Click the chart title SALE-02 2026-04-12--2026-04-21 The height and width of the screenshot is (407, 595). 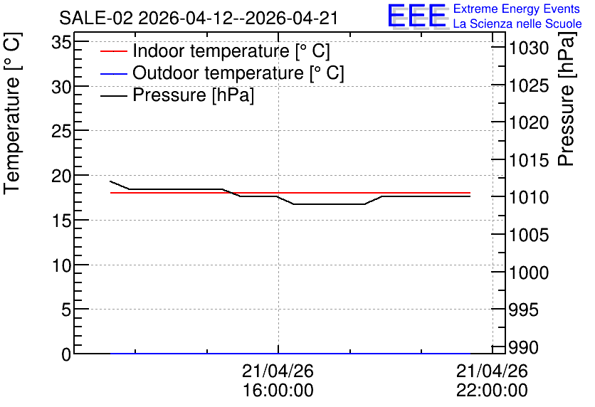pyautogui.click(x=199, y=18)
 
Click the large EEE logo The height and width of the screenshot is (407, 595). pyautogui.click(x=418, y=16)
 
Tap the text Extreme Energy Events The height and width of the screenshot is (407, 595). pyautogui.click(x=517, y=9)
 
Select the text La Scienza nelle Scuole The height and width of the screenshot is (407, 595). pyautogui.click(x=517, y=23)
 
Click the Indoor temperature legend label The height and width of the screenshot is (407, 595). pyautogui.click(x=231, y=51)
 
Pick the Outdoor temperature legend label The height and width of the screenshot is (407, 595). pyautogui.click(x=238, y=73)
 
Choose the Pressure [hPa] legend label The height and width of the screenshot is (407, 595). pyautogui.click(x=193, y=95)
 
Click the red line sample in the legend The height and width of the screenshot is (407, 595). pyautogui.click(x=113, y=51)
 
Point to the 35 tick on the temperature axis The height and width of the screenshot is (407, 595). pyautogui.click(x=61, y=42)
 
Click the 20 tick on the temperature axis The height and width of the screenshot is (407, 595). pyautogui.click(x=61, y=176)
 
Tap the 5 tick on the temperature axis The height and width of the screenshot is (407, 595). pyautogui.click(x=66, y=310)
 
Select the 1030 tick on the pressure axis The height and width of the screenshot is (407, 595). pyautogui.click(x=529, y=48)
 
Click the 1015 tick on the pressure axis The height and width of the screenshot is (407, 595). pyautogui.click(x=529, y=160)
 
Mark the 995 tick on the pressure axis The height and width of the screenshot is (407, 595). pyautogui.click(x=524, y=310)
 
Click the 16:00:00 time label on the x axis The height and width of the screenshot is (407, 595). pyautogui.click(x=278, y=390)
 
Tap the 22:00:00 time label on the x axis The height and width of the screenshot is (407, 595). pyautogui.click(x=492, y=390)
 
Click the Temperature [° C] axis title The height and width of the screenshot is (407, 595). pyautogui.click(x=12, y=113)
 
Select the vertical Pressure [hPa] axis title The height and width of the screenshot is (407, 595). pyautogui.click(x=566, y=99)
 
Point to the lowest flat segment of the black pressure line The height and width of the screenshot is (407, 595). pyautogui.click(x=330, y=204)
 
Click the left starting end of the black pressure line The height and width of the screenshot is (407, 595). pyautogui.click(x=110, y=181)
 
